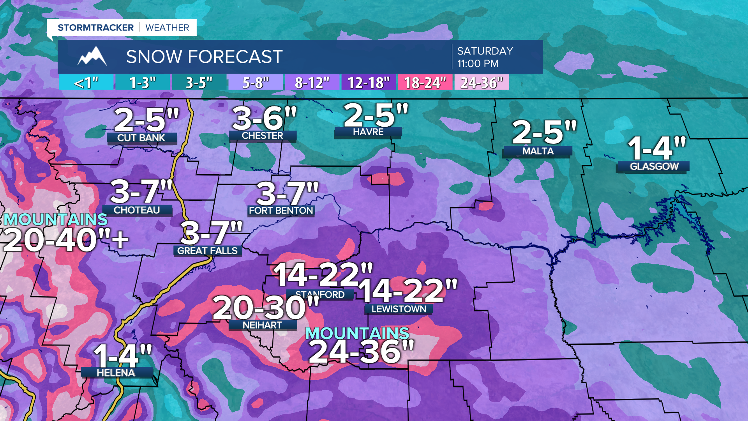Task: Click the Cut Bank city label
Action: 141,138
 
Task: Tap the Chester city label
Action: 262,136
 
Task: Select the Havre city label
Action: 368,132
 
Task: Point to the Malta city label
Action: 538,151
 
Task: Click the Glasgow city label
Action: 654,166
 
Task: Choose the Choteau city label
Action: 137,210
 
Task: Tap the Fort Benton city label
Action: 281,210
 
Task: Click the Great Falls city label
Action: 207,251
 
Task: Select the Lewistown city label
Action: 399,309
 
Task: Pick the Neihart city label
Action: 262,325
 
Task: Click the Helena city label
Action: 116,373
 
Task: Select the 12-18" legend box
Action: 369,83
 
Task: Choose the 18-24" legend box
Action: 425,83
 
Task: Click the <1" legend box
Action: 86,83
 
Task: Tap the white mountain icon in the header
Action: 92,57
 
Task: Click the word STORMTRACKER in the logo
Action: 95,28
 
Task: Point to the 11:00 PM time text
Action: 478,64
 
